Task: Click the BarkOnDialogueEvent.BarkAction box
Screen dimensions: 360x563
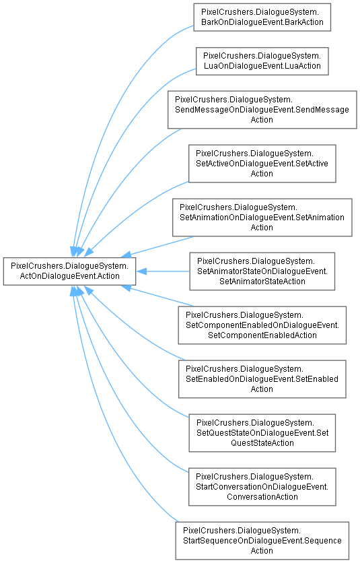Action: [262, 18]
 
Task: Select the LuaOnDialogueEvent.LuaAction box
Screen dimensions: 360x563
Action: [262, 61]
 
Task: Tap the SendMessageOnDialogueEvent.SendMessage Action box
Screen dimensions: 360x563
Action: [262, 110]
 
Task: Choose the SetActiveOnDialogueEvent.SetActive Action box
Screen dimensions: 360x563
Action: [262, 164]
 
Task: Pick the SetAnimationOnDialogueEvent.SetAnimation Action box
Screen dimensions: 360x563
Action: [262, 218]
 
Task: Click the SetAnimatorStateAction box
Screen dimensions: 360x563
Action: [262, 271]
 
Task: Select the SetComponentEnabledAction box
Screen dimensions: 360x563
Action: [262, 325]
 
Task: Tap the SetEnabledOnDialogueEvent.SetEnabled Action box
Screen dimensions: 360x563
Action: [262, 378]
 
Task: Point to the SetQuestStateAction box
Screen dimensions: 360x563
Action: [262, 432]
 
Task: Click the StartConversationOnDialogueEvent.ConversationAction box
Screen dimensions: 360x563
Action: [262, 486]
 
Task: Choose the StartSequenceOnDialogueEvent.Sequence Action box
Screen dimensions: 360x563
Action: [262, 540]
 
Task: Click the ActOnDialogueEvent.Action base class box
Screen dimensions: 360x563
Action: [69, 271]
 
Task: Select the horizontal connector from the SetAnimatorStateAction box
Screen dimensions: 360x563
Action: [163, 271]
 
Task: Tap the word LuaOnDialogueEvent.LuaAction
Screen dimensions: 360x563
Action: [262, 66]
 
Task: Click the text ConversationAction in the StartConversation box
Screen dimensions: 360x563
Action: [262, 496]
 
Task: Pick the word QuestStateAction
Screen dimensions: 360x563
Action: [262, 442]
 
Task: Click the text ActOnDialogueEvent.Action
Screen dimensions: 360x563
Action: [69, 275]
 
